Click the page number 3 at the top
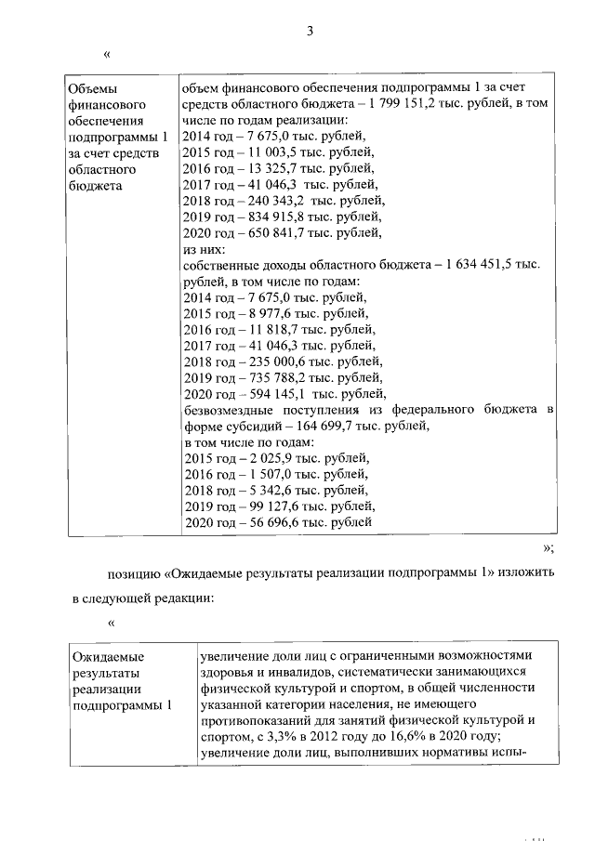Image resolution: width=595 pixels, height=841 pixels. (310, 31)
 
